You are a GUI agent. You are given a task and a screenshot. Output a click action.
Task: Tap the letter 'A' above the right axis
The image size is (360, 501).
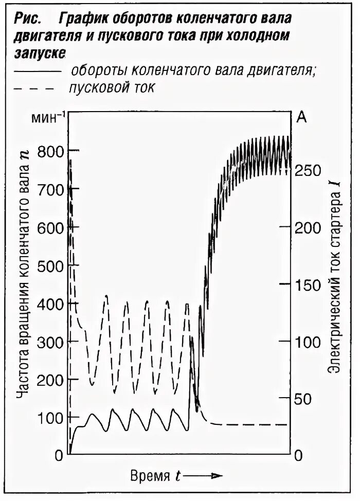(302, 118)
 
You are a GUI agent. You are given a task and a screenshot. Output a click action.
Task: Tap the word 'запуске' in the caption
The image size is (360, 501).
(38, 52)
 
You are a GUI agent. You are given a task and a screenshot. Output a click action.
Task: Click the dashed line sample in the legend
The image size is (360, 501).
(34, 88)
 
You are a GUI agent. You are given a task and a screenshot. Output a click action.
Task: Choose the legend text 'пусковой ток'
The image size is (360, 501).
(111, 87)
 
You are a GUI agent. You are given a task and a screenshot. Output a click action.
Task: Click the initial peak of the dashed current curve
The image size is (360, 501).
(70, 161)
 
